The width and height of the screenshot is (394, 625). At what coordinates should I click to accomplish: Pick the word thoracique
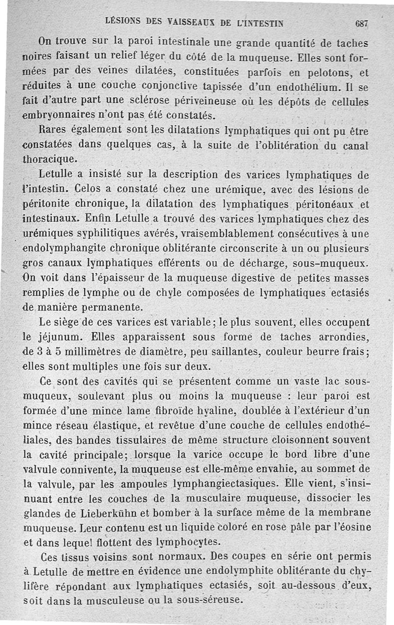[50, 160]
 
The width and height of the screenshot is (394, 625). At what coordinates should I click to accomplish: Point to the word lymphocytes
[184, 541]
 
